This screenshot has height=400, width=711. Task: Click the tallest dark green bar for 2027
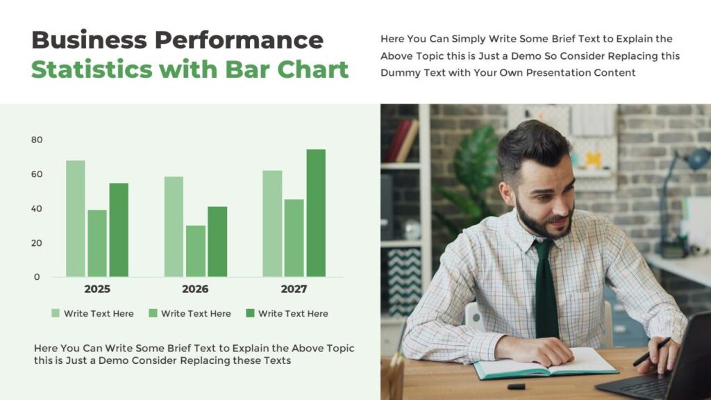pos(316,212)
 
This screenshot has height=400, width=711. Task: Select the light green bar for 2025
pos(75,218)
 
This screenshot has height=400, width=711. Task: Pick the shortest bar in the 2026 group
pos(195,251)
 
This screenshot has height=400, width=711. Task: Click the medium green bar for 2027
pos(294,237)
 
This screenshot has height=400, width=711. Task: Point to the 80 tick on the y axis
pos(37,140)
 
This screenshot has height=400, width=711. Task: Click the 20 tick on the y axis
pos(37,243)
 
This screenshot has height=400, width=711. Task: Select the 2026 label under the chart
pos(195,289)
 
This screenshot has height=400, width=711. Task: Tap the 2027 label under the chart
pos(293,289)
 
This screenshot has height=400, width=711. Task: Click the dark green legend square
pos(250,313)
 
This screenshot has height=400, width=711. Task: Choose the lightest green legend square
pos(56,313)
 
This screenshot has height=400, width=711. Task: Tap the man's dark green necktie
pos(546,292)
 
